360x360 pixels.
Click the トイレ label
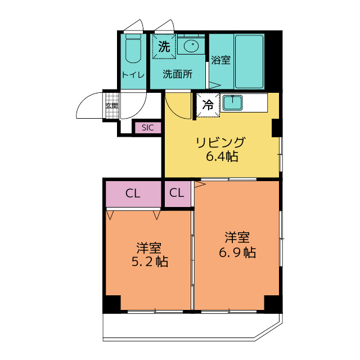coord(133,74)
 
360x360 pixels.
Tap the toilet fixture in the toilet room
coord(133,49)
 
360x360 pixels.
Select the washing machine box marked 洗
coord(164,47)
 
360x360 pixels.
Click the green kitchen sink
coord(232,102)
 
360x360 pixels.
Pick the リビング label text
coord(221,142)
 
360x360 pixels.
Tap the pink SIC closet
coord(147,128)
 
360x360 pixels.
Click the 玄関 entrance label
coord(111,105)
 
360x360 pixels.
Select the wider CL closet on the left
coord(133,194)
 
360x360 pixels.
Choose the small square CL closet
coord(177,193)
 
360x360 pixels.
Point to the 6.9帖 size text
coord(237,252)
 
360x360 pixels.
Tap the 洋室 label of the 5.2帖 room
coord(149,247)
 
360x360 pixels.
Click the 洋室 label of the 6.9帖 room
coord(237,237)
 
